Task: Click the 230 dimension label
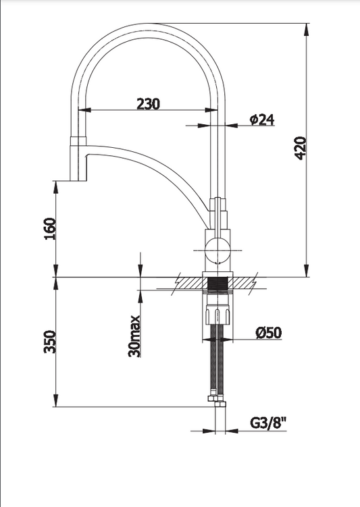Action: click(x=148, y=104)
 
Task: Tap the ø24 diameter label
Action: click(x=262, y=119)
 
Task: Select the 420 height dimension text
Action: click(x=301, y=149)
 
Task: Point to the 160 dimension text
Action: click(x=50, y=229)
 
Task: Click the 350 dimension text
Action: click(x=50, y=342)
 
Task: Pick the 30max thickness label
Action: click(x=134, y=336)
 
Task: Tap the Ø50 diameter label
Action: click(x=268, y=333)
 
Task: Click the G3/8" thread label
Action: click(x=268, y=423)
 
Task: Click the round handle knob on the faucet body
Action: click(x=217, y=250)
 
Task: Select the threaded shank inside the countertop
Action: click(x=217, y=285)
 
